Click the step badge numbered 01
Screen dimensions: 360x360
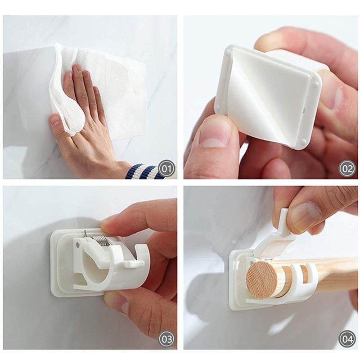coord(166,169)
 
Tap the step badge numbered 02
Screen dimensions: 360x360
coord(347,169)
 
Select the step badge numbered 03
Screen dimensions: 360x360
coord(166,338)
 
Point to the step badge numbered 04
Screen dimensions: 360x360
coord(347,338)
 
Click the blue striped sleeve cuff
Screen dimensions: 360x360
coord(144,171)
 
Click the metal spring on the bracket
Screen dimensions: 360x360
coord(101,238)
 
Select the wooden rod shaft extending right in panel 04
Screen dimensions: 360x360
coord(333,274)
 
